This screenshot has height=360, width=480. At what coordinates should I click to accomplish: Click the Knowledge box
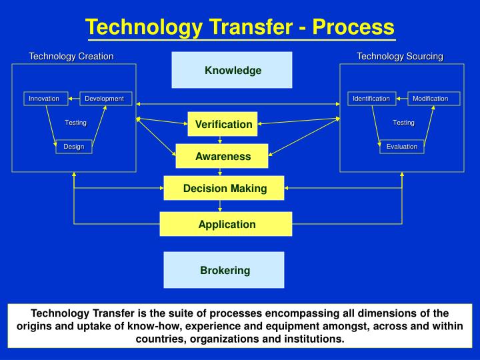(x=232, y=70)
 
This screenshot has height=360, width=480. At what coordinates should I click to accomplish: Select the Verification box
(x=223, y=124)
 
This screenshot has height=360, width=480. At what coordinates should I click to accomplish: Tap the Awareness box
(x=223, y=157)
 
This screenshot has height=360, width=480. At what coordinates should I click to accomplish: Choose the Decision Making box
(x=225, y=189)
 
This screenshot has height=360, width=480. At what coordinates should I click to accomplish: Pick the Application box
(x=226, y=224)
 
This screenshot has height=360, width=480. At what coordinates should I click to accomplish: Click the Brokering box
(x=225, y=270)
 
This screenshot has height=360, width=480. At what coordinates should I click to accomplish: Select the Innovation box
(x=44, y=99)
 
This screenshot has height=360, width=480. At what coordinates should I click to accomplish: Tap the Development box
(x=104, y=99)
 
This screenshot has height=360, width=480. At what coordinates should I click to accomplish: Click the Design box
(x=73, y=147)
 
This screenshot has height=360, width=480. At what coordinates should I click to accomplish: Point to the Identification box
(x=371, y=99)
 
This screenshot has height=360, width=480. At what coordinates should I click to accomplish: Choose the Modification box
(x=430, y=99)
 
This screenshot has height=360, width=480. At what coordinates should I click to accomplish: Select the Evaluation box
(x=402, y=147)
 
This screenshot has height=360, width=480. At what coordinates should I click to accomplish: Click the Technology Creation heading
(x=71, y=57)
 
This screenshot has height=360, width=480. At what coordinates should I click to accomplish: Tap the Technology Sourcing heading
(x=400, y=57)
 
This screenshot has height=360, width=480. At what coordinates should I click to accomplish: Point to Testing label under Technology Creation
(x=75, y=123)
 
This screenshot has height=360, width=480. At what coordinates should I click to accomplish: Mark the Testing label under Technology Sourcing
(x=403, y=123)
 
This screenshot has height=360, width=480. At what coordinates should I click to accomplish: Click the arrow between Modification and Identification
(x=401, y=99)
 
